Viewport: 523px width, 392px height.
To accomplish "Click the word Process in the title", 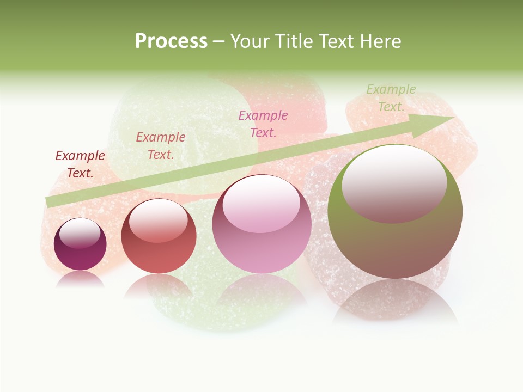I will coord(171,41).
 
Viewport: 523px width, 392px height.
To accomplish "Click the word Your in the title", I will coord(249,41).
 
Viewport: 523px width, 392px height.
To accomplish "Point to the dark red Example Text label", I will coord(80,164).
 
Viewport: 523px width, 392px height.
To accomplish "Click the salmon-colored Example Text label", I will coord(161,146).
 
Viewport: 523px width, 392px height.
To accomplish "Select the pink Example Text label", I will coord(263,124).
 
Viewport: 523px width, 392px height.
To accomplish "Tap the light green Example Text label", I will coord(391,98).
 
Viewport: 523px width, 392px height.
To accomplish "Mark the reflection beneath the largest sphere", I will coord(396,299).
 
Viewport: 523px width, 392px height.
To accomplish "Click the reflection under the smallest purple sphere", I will coord(80,279).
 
